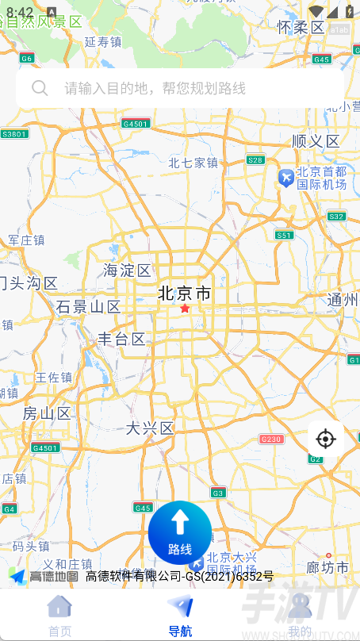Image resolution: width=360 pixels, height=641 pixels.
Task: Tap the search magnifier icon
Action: (39, 88)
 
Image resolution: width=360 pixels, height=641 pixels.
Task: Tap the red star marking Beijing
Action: (185, 308)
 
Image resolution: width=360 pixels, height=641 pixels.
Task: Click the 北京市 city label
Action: (185, 294)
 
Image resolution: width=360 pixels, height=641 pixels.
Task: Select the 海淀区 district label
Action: (127, 271)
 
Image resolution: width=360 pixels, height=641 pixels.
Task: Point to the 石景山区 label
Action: (88, 307)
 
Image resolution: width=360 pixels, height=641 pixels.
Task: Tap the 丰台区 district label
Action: (121, 340)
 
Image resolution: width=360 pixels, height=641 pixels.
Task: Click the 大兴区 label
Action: (150, 428)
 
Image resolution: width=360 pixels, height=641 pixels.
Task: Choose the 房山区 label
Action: (47, 413)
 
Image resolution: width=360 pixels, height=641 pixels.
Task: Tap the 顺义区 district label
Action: (316, 141)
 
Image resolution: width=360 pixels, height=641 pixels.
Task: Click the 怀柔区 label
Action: (301, 28)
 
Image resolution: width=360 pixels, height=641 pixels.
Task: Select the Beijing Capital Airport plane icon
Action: (285, 178)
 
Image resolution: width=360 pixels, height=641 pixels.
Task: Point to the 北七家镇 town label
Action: (193, 163)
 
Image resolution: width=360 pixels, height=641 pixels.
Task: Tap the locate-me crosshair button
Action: (325, 438)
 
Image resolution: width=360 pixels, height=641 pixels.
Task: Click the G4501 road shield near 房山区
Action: (45, 447)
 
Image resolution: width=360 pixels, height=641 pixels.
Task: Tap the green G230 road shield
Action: (271, 439)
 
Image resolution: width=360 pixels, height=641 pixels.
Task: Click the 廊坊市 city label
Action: (327, 568)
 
